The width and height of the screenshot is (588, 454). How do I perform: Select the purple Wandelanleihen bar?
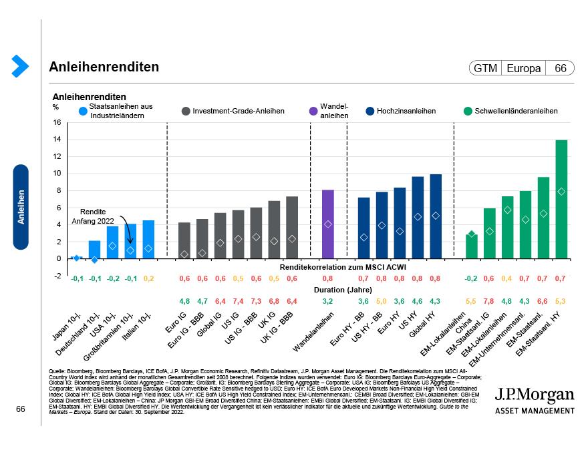pyautogui.click(x=328, y=224)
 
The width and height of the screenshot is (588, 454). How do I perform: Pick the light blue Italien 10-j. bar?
pyautogui.click(x=148, y=239)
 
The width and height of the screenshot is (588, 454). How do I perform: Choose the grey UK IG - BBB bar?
pyautogui.click(x=292, y=227)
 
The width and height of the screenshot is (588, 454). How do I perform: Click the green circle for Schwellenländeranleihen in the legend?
pyautogui.click(x=468, y=111)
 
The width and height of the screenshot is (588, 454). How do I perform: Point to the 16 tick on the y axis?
pyautogui.click(x=57, y=122)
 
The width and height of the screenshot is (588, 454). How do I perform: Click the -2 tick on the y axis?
pyautogui.click(x=57, y=275)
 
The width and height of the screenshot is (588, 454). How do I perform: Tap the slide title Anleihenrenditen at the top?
pyautogui.click(x=104, y=67)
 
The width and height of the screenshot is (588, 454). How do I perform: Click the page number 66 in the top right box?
pyautogui.click(x=560, y=68)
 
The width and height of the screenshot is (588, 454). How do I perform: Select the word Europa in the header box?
pyautogui.click(x=524, y=68)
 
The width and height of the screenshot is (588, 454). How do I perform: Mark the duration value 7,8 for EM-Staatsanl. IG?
pyautogui.click(x=489, y=301)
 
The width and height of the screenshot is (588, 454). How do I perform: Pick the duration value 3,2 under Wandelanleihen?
pyautogui.click(x=328, y=301)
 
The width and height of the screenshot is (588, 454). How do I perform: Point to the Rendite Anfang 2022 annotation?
pyautogui.click(x=94, y=216)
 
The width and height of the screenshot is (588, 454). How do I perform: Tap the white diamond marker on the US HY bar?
pyautogui.click(x=418, y=216)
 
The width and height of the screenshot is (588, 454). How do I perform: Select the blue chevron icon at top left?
pyautogui.click(x=19, y=66)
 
